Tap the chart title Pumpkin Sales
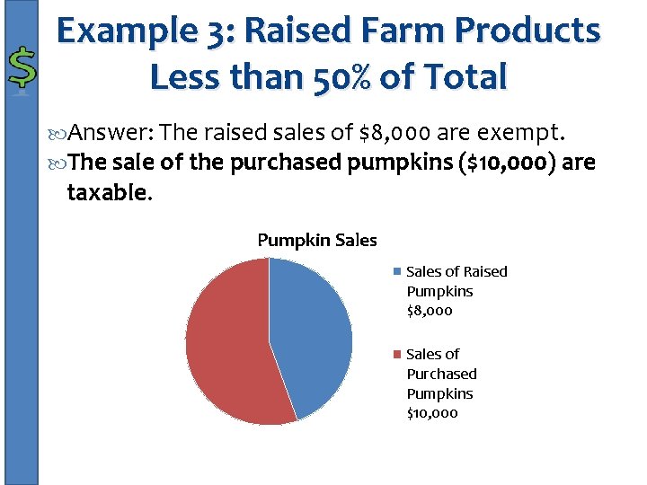(x=317, y=240)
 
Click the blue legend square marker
(x=397, y=272)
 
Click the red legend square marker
(x=397, y=355)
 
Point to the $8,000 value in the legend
(x=430, y=311)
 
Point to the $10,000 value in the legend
(x=432, y=413)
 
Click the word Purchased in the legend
(x=441, y=374)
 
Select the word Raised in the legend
(x=486, y=271)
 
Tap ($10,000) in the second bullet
(x=498, y=163)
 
